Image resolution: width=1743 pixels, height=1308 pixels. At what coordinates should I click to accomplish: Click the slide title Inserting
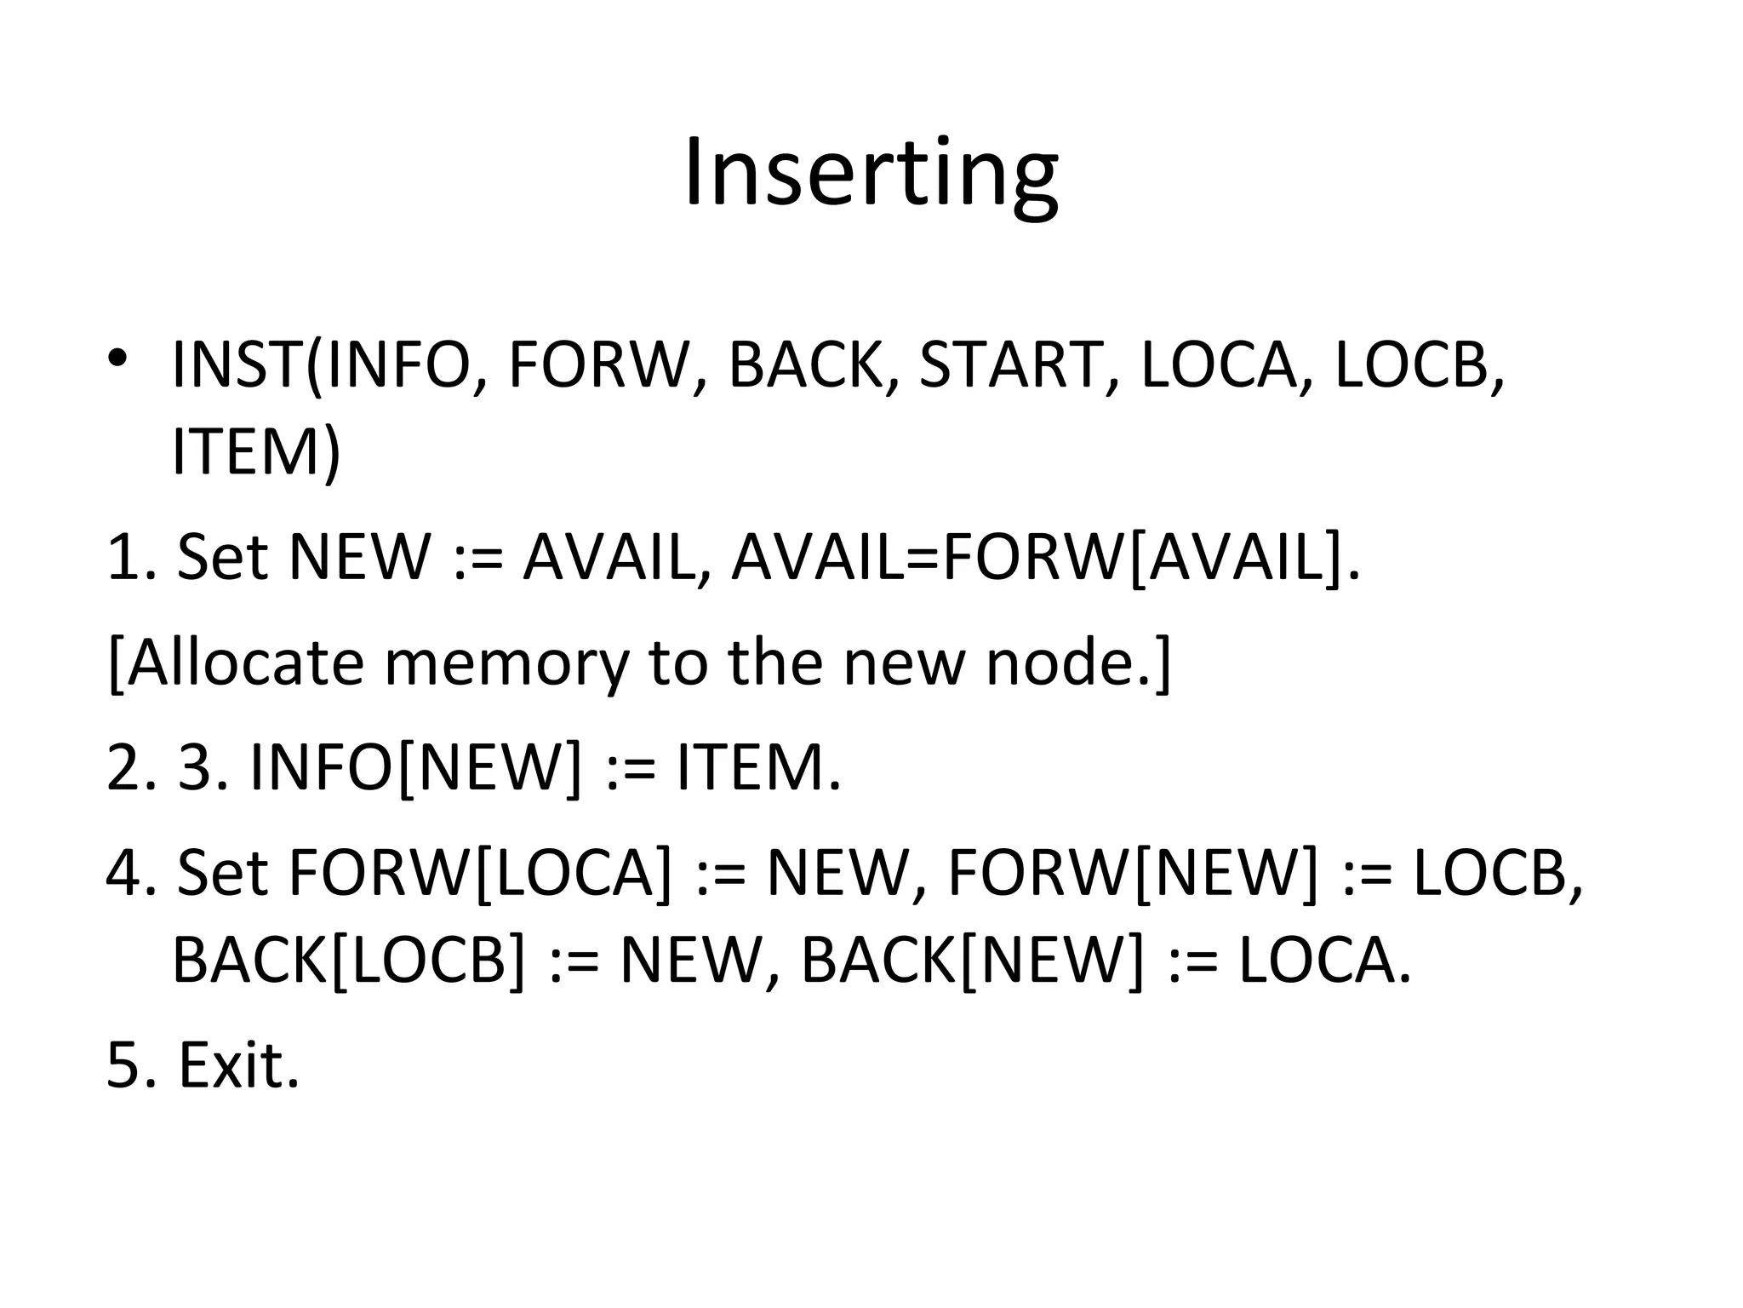[x=871, y=175]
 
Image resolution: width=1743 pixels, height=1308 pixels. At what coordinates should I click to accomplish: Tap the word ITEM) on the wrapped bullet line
[x=255, y=452]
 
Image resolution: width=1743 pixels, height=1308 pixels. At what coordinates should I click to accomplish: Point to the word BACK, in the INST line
[x=813, y=365]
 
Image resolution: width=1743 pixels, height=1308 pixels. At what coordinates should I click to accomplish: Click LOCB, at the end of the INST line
[x=1420, y=365]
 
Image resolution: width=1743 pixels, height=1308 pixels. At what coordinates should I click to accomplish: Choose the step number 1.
[x=128, y=557]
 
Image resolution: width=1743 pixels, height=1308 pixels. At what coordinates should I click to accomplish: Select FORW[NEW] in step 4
[x=1133, y=873]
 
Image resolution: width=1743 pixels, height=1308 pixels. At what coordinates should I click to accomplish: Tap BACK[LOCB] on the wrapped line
[x=349, y=960]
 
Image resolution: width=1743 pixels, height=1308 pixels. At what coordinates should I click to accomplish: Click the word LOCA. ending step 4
[x=1324, y=960]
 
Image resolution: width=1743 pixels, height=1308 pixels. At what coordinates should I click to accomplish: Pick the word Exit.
[x=239, y=1065]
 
